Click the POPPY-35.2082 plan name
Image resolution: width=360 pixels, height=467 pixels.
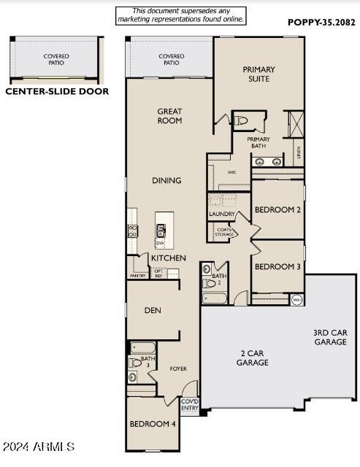pos(321,23)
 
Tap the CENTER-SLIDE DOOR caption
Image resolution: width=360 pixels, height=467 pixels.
pos(57,92)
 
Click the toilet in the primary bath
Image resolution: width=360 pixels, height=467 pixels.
pos(242,120)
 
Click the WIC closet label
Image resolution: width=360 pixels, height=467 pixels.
pos(231,172)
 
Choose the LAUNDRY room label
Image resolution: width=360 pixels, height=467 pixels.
pos(222,214)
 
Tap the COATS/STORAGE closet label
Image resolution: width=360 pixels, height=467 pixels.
pos(224,232)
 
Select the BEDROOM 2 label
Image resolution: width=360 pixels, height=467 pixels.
pos(277,210)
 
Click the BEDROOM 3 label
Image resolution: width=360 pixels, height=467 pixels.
pos(277,266)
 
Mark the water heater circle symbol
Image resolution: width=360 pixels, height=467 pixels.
pos(296,299)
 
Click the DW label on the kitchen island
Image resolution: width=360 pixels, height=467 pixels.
pos(159,242)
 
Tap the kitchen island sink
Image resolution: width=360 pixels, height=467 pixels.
pos(160,231)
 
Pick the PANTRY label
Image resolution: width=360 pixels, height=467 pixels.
pos(138,276)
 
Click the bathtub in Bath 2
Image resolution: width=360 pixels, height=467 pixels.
pos(216,297)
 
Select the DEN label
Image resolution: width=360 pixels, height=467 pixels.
pos(153,310)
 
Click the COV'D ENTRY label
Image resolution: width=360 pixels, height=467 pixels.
pos(189,404)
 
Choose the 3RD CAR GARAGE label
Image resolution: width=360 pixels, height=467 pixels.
pos(330,336)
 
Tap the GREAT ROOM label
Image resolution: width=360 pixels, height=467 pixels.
pos(169,116)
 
